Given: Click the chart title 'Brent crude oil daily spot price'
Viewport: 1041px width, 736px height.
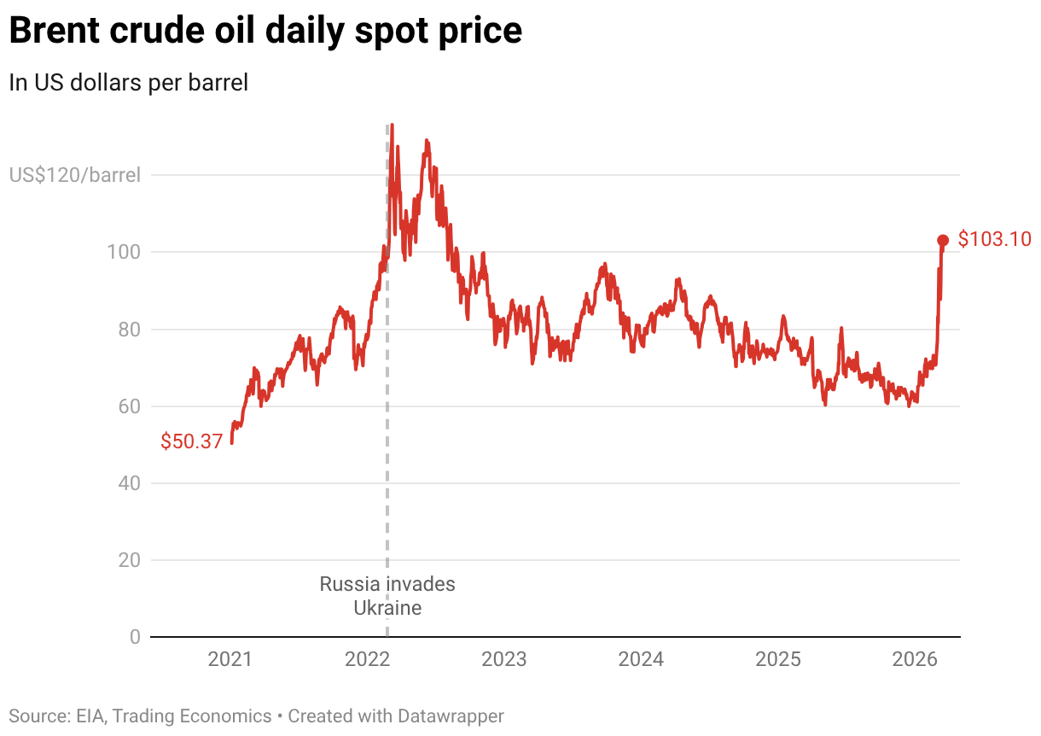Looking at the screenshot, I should (265, 32).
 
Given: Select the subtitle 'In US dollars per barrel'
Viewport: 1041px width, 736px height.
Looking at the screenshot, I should (128, 83).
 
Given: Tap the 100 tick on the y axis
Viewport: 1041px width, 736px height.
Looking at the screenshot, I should (126, 253).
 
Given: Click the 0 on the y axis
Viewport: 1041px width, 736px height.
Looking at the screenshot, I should (135, 637).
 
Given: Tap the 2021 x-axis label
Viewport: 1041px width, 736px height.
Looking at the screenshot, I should (230, 659).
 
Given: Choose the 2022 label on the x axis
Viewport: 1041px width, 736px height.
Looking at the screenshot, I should (367, 659).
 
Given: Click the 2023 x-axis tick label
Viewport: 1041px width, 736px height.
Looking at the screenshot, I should (504, 659).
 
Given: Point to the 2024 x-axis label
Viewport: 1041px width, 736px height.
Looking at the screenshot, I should (641, 659).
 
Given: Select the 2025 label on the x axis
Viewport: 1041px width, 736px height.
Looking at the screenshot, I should (778, 659).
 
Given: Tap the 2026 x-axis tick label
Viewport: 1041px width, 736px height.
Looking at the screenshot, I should (915, 659).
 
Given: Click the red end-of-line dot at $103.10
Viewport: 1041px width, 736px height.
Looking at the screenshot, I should (943, 241).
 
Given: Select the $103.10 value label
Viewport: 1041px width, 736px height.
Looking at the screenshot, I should (995, 239).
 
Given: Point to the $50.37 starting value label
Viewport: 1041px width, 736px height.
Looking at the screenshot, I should (192, 441).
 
